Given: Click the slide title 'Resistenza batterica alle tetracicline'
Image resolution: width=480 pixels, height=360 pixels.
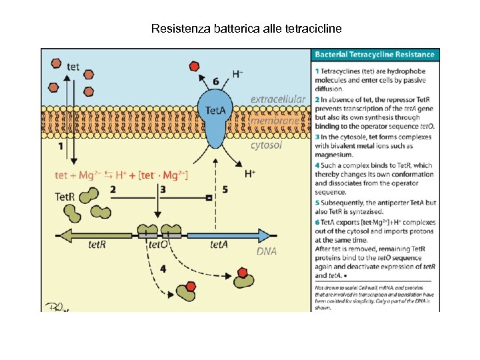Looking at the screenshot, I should (246, 29).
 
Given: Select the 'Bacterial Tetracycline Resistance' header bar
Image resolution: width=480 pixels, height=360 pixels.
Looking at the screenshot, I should (375, 54).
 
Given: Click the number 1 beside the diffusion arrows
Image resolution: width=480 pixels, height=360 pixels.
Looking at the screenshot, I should (61, 145).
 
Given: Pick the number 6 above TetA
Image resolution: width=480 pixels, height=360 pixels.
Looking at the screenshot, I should (215, 81).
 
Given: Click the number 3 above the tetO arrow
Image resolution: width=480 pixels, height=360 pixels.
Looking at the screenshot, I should (163, 189).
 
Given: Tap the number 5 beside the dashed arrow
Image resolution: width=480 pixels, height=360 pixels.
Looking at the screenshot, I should (225, 189).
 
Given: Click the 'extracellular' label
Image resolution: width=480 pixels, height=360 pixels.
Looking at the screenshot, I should (278, 99).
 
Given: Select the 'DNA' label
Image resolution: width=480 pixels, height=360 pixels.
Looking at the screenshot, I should (267, 251).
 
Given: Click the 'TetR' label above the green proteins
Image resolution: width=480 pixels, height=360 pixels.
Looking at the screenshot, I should (65, 197).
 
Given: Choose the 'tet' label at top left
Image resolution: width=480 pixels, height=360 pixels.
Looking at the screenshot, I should (74, 65).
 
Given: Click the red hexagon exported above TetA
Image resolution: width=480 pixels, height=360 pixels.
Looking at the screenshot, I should (195, 65).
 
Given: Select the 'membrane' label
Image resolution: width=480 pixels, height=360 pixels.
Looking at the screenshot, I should (275, 121).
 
